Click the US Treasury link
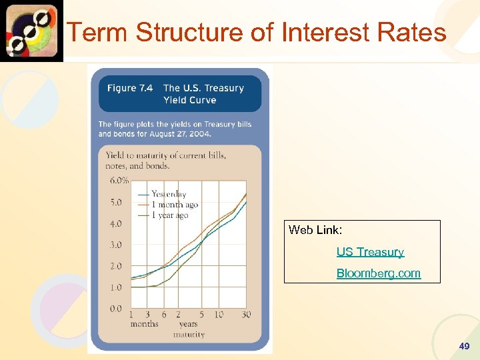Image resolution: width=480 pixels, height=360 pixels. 370,252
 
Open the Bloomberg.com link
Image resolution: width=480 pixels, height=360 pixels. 378,273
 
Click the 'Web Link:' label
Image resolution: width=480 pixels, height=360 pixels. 315,230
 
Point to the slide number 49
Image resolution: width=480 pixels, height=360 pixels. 464,347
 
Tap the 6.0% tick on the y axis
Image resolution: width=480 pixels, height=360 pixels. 119,180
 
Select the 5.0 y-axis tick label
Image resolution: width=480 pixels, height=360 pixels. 116,202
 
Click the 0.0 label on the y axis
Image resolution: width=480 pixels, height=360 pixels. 116,309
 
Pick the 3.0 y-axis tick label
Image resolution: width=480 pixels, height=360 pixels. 116,245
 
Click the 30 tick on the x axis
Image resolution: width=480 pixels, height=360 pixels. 246,315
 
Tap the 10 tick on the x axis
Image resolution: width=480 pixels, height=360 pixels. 219,315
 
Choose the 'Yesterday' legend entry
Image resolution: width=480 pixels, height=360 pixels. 169,194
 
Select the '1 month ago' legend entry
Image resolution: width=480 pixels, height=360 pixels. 174,205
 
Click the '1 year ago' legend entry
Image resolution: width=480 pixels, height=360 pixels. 170,215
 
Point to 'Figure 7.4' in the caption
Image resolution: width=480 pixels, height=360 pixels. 129,88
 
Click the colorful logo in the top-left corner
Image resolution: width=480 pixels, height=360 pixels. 31,31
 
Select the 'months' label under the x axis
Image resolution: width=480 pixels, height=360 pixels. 144,324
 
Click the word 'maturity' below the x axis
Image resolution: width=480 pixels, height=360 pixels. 189,334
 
